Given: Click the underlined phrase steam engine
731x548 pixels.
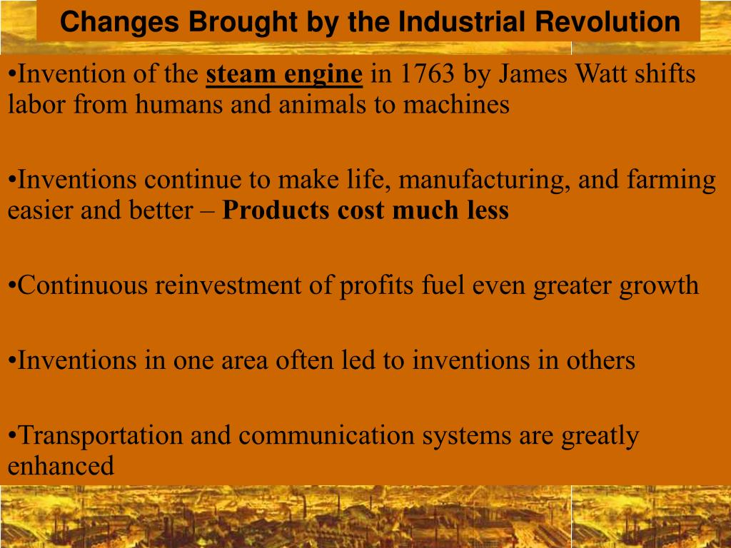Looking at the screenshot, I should (284, 74).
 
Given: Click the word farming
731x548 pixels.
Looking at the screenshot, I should (671, 180).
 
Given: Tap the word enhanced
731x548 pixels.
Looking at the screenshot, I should (61, 467).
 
